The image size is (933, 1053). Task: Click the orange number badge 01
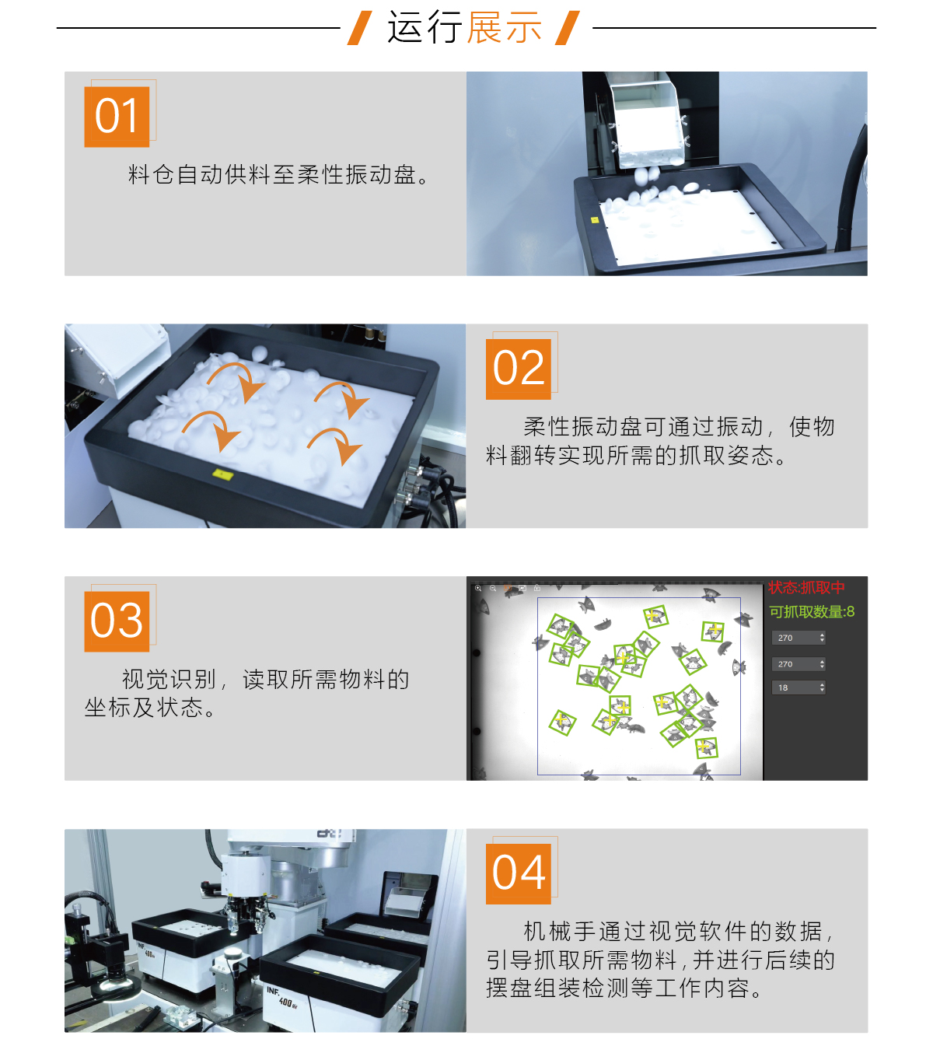coord(117,117)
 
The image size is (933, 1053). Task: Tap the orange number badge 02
coord(519,369)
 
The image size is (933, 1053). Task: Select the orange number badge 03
coord(117,621)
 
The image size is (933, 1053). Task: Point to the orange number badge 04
coord(519,873)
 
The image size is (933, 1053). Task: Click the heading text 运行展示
coord(464,28)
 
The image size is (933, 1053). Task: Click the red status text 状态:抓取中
coord(806,587)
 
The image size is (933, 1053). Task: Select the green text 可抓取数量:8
coord(812,612)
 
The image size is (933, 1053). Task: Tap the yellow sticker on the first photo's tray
coord(595,220)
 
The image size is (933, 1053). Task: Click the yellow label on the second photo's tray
coord(222,473)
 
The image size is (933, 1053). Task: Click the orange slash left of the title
coord(358,28)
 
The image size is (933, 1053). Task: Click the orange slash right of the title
coord(568,28)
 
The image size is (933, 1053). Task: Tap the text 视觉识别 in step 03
coord(169,680)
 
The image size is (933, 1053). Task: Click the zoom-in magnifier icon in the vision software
coord(478,589)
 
